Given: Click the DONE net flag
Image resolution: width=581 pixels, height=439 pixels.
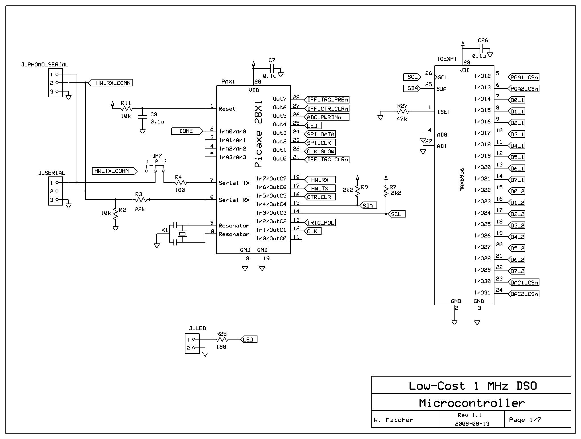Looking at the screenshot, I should pos(186,131).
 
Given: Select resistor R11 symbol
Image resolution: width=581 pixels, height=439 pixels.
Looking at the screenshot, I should pos(127,108).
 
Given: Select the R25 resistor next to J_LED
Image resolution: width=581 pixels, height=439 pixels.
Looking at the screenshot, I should pos(222,340).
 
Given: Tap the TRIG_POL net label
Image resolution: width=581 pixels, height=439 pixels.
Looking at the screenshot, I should pos(320,223).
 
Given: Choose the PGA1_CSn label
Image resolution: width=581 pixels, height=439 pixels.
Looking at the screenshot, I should pos(524,77).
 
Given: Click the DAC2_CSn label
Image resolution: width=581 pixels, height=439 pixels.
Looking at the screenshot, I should pos(524,294).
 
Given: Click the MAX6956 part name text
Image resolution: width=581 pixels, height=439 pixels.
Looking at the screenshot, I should pos(462,180).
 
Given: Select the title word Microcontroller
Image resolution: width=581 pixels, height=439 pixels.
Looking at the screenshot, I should pos(472,403).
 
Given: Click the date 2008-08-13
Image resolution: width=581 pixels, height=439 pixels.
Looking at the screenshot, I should pos(472,424).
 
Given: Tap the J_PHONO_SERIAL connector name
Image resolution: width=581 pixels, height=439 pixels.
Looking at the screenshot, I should pos(45,65).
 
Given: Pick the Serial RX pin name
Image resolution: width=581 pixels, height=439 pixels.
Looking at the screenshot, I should pos(234,200).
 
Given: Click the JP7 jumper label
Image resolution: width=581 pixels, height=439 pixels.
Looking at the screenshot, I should pos(157,156).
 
